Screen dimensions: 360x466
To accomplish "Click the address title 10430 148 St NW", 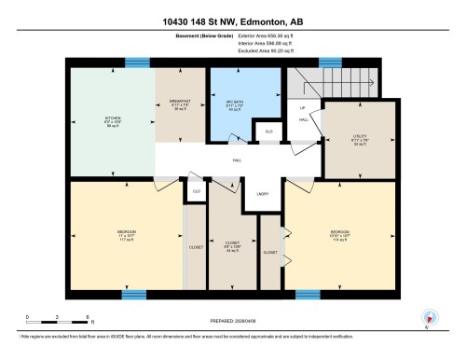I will [x=232, y=21].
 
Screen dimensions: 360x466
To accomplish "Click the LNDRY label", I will [x=264, y=193].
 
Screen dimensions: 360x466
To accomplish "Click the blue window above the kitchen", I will [x=138, y=63].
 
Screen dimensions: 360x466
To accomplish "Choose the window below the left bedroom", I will [x=134, y=295].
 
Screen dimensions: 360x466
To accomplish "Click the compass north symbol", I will [x=430, y=317].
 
